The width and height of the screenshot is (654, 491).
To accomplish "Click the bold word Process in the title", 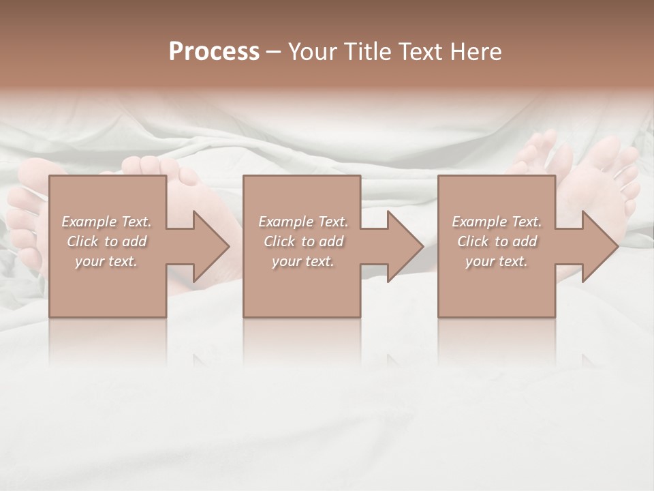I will tap(214, 52).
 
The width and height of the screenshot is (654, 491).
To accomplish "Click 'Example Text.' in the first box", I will tap(107, 222).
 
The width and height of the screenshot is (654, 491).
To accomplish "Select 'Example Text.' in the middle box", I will tap(303, 222).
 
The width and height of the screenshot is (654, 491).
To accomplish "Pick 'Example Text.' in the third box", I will tap(497, 222).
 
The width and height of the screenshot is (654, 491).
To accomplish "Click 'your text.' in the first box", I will tap(107, 261).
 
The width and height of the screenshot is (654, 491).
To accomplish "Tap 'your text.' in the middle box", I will tap(303, 261).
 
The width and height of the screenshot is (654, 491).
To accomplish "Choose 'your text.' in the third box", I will tap(497, 261).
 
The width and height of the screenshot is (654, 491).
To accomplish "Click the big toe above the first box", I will tap(152, 166).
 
